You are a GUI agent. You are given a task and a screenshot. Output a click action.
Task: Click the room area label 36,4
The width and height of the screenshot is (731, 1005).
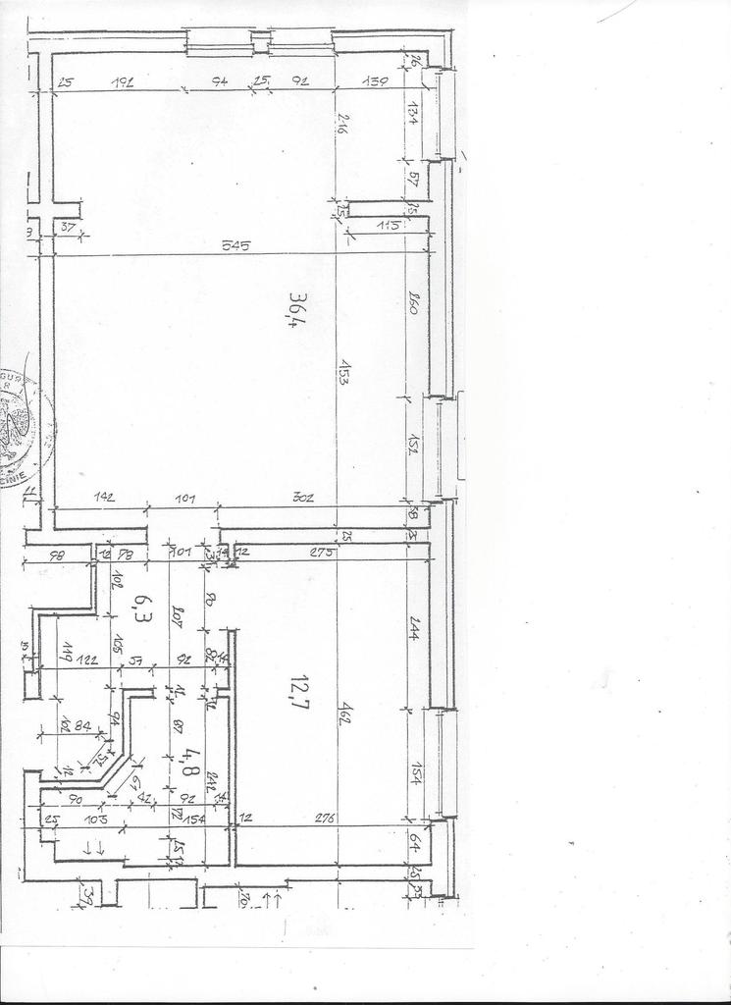click(x=293, y=310)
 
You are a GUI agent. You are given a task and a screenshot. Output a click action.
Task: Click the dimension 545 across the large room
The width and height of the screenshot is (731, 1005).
click(x=235, y=245)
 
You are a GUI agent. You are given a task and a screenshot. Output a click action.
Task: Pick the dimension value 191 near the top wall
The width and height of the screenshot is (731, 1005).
click(x=123, y=81)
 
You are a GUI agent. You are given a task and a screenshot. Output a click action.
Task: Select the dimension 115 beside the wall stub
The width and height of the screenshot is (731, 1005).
click(x=390, y=226)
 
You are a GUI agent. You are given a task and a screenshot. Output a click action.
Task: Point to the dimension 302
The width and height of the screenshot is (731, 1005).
click(x=304, y=499)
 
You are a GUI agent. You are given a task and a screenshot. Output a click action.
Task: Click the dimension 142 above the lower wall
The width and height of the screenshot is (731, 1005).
click(x=104, y=499)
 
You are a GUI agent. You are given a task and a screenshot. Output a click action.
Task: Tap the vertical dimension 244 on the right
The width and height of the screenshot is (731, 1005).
click(x=413, y=634)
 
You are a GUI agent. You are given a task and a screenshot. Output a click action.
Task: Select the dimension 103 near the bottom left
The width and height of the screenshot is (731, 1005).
click(x=94, y=817)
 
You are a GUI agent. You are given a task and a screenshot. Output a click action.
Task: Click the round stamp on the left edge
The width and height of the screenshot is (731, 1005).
click(x=22, y=427)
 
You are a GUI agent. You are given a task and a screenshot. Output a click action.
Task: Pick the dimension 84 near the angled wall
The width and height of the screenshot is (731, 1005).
click(x=82, y=726)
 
